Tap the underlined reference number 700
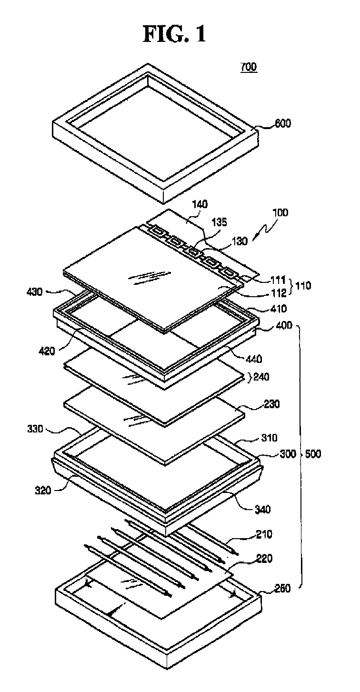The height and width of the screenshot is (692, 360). pyautogui.click(x=248, y=67)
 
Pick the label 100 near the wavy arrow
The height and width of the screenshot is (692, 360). pyautogui.click(x=280, y=213)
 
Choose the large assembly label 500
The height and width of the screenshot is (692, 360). pyautogui.click(x=312, y=454)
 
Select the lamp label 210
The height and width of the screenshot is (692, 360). pyautogui.click(x=263, y=535)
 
